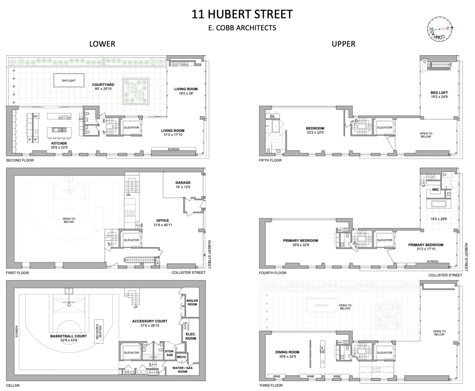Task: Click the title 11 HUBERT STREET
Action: coord(242,14)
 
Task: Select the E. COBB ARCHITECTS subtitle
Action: coord(242,28)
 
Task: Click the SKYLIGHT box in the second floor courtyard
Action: coord(69,81)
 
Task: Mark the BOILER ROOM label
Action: coord(192,302)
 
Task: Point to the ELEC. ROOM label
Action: coord(191,336)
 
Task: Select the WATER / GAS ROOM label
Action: coord(183,369)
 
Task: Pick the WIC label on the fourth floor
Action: coord(435,190)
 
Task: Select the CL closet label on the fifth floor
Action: coord(272,116)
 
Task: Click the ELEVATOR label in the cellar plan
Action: coord(131,353)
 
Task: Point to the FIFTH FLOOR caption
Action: coord(270,160)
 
